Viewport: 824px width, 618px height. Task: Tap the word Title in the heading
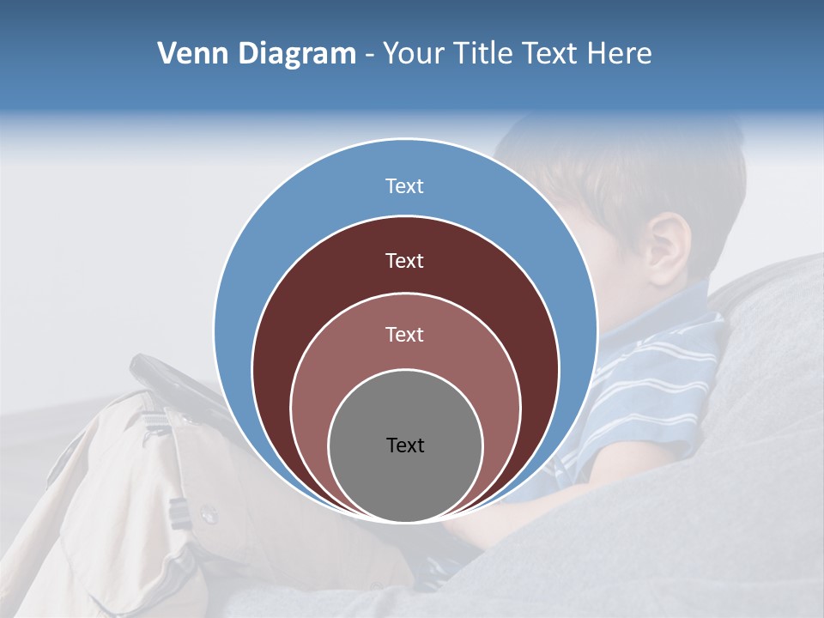[x=487, y=54]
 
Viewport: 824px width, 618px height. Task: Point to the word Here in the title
[x=620, y=54]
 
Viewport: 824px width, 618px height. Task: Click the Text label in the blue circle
[x=404, y=186]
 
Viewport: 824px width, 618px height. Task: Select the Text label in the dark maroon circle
[x=404, y=261]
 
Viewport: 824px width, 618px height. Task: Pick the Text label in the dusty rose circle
[x=404, y=335]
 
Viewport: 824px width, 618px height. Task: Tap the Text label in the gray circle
[x=405, y=445]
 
